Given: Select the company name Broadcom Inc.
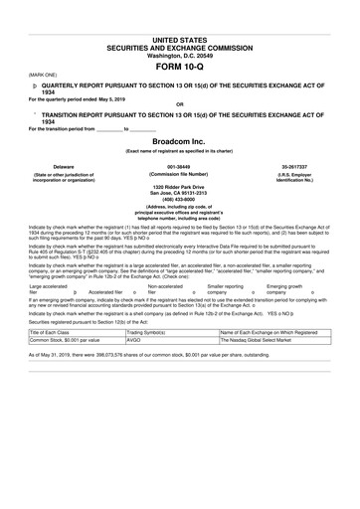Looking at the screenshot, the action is coord(180,142).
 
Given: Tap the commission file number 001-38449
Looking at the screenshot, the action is coord(180,167).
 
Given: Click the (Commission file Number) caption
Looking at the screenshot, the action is coord(180,175).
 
